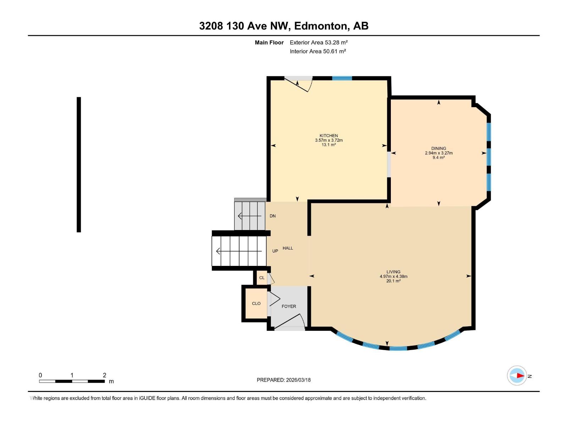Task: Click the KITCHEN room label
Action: click(x=328, y=136)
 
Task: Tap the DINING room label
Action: click(x=438, y=148)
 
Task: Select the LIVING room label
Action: click(x=393, y=272)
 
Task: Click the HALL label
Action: click(x=288, y=248)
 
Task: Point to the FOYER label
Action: click(x=289, y=306)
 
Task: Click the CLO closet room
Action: click(x=256, y=304)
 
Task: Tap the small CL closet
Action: click(x=262, y=278)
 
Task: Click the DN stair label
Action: click(x=272, y=216)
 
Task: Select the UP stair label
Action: click(x=275, y=251)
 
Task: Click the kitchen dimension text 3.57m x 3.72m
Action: click(x=329, y=140)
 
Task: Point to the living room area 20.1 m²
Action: click(x=393, y=281)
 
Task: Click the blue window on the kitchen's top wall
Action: click(x=342, y=78)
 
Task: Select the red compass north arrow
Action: click(x=520, y=376)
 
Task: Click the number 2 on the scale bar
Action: click(x=104, y=375)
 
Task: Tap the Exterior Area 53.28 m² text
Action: click(x=318, y=42)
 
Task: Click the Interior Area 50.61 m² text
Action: click(x=318, y=51)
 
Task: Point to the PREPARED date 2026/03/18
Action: click(x=284, y=380)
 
